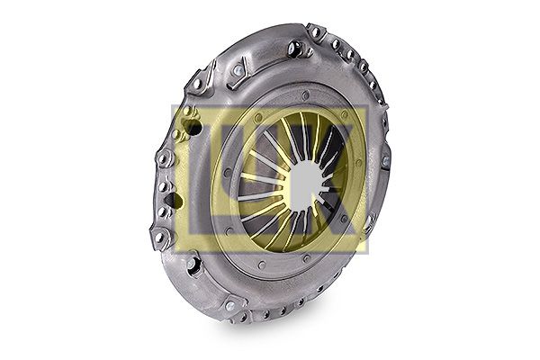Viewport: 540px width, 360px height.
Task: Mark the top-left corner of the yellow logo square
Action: [x=172, y=105]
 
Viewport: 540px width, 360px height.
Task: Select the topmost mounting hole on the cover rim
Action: [x=315, y=32]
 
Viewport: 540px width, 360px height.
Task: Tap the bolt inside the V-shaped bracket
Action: [x=238, y=70]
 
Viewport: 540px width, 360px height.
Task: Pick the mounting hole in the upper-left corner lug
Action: [x=196, y=84]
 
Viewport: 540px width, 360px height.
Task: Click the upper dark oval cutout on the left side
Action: [x=193, y=128]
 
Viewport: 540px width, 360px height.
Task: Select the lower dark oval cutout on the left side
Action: [x=174, y=201]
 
